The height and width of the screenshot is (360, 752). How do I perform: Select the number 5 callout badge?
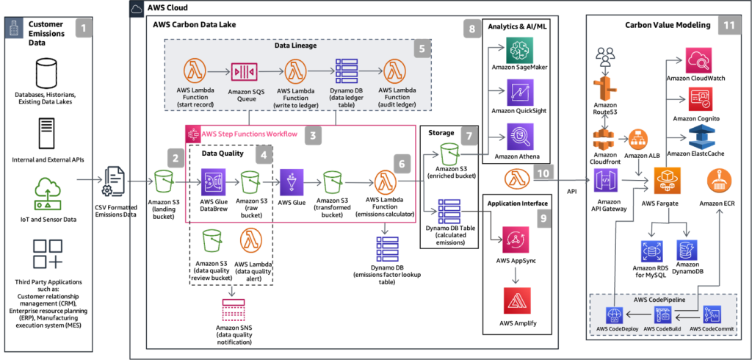tap(420, 49)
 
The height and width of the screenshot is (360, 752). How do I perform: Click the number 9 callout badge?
tap(542, 217)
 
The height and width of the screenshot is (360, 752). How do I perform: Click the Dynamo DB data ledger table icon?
tap(345, 72)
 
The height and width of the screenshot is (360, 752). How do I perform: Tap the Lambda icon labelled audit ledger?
tap(395, 72)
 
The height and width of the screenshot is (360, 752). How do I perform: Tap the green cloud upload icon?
tap(48, 195)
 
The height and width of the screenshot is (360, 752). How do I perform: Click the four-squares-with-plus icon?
tap(48, 252)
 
